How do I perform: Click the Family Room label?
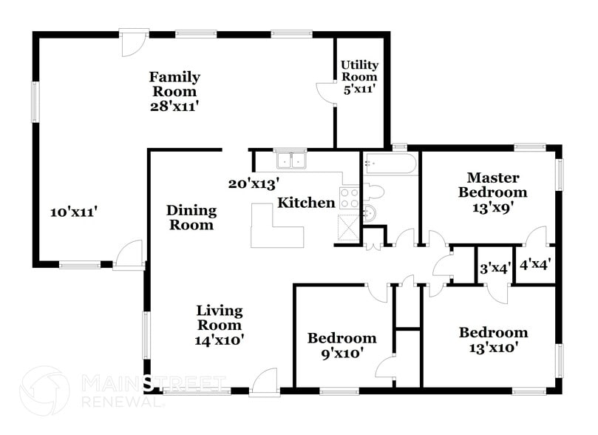click(174, 84)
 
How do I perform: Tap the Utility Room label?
click(359, 70)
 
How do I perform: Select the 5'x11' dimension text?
click(359, 88)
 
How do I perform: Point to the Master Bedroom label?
click(493, 185)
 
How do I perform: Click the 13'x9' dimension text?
click(492, 207)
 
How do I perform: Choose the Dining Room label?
click(190, 217)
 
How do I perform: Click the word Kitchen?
click(306, 203)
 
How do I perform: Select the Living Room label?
click(220, 317)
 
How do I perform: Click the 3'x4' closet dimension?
click(494, 269)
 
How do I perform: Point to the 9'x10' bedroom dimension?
click(342, 354)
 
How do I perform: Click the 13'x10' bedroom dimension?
click(493, 347)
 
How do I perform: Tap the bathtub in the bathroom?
click(390, 163)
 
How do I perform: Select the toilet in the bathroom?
click(375, 193)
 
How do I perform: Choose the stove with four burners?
click(349, 198)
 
